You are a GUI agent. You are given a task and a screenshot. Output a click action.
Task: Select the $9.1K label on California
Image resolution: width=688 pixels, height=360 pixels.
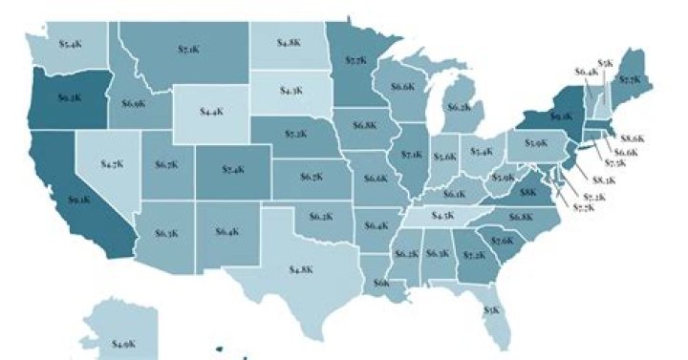[x=78, y=201]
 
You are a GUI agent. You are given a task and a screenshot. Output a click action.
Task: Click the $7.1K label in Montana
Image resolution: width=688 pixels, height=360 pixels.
[x=187, y=49]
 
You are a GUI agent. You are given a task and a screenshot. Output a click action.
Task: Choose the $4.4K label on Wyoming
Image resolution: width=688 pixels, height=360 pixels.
[x=211, y=112]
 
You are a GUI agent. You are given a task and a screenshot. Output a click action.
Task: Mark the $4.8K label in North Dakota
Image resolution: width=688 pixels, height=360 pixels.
[x=290, y=43]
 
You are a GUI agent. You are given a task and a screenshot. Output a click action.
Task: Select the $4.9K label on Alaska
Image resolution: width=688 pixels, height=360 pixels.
[x=123, y=343]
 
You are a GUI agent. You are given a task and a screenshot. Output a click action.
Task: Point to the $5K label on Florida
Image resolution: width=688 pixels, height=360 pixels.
[x=491, y=310]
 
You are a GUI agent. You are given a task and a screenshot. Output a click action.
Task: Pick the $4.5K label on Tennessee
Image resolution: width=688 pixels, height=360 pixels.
[x=441, y=217]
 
